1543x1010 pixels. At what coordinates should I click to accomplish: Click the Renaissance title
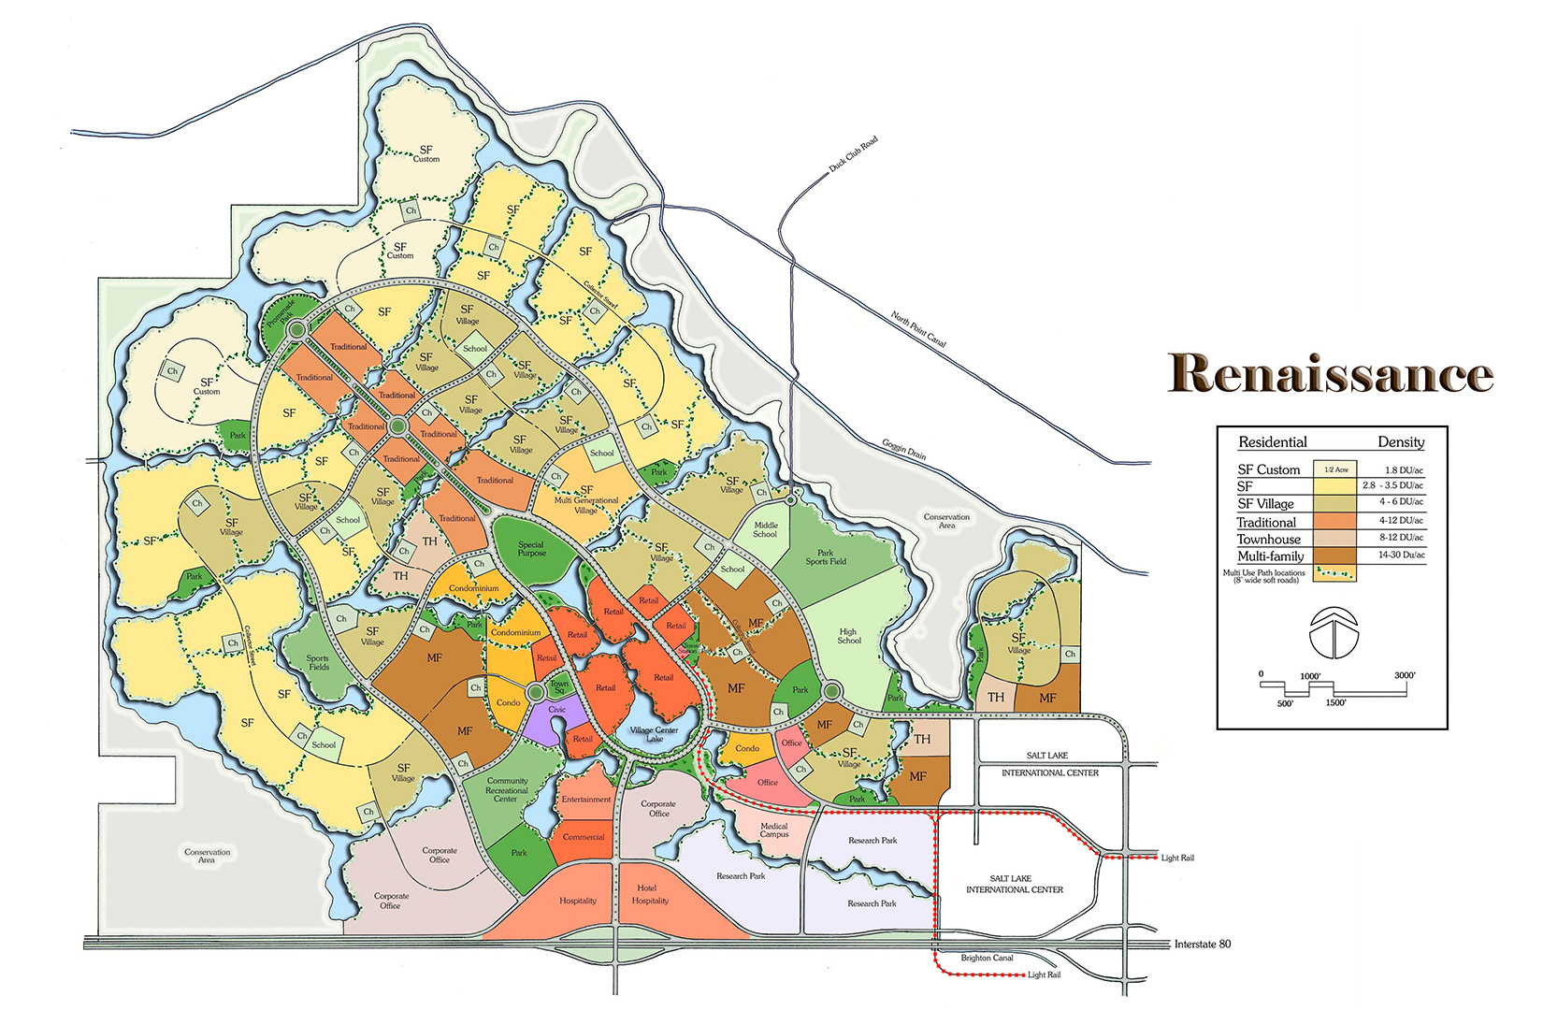1330,373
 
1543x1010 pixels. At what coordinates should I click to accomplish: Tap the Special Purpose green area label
531,549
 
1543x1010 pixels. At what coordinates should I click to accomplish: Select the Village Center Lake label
654,734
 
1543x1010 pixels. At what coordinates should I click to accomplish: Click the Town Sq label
559,686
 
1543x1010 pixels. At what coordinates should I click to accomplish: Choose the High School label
849,636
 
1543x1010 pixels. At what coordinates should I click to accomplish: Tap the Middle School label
765,529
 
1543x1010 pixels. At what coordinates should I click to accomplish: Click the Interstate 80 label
1202,945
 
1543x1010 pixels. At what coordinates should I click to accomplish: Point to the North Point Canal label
918,329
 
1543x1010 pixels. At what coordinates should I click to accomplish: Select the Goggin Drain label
903,449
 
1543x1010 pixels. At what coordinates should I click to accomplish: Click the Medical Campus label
773,830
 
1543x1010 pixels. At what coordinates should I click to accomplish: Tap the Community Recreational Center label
507,790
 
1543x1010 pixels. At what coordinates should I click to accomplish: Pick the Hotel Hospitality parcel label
650,895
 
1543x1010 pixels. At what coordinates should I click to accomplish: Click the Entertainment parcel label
586,800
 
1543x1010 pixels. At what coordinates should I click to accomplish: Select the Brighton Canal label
987,958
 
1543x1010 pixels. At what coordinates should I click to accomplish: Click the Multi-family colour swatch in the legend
1335,555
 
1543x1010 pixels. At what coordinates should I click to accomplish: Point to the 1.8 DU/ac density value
1404,469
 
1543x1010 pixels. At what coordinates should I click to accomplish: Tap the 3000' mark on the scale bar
1405,675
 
